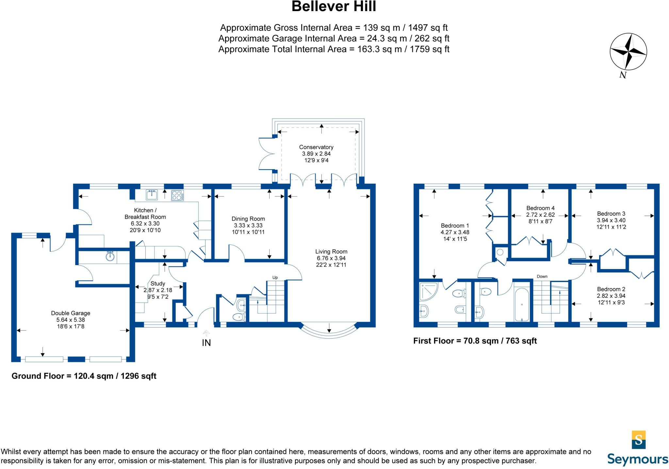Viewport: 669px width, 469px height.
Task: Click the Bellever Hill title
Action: [334, 7]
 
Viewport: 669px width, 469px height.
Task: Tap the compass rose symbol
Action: [628, 52]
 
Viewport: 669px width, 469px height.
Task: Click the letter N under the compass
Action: [623, 75]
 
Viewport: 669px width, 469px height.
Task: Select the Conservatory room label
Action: [316, 147]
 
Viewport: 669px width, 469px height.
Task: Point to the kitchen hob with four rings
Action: [177, 195]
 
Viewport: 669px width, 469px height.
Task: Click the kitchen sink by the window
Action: [152, 195]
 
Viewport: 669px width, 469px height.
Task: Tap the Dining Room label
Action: [248, 219]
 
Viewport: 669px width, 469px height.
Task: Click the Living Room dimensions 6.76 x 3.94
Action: [331, 258]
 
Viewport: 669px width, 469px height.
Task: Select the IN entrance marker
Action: [206, 343]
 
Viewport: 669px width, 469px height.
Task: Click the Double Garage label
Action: [71, 313]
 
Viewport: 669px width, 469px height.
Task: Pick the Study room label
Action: [157, 283]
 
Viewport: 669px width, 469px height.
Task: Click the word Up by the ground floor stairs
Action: [275, 277]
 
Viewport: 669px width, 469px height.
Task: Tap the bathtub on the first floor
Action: [522, 305]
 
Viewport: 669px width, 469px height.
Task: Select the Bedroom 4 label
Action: [540, 208]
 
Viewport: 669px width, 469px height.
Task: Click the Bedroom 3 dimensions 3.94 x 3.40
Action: [611, 220]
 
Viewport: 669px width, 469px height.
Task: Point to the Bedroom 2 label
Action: [611, 289]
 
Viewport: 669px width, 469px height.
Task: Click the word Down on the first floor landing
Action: [542, 276]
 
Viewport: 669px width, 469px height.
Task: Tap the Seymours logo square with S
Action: [639, 439]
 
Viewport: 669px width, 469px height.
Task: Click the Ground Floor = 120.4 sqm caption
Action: [84, 376]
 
